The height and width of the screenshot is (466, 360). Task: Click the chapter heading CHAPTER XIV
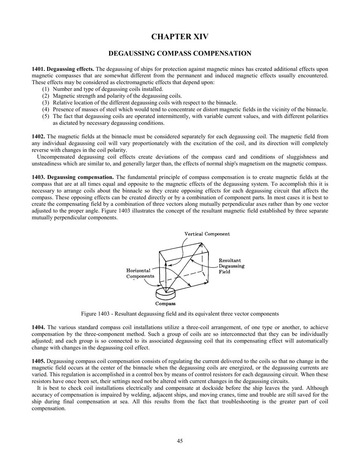click(x=180, y=37)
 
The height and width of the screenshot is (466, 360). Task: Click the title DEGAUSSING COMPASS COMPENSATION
click(x=180, y=53)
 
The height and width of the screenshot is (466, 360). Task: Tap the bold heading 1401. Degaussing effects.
click(x=63, y=69)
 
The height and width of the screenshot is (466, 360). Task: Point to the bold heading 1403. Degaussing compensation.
click(x=73, y=177)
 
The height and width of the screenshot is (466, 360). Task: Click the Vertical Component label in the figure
click(x=207, y=234)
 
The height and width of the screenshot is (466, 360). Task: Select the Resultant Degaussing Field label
click(x=231, y=266)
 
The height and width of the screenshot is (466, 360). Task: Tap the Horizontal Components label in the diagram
click(x=140, y=273)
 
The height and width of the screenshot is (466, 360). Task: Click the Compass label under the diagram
click(x=166, y=303)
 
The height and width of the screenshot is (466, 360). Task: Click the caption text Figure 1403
click(x=97, y=314)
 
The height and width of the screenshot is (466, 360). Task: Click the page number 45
click(x=180, y=441)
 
